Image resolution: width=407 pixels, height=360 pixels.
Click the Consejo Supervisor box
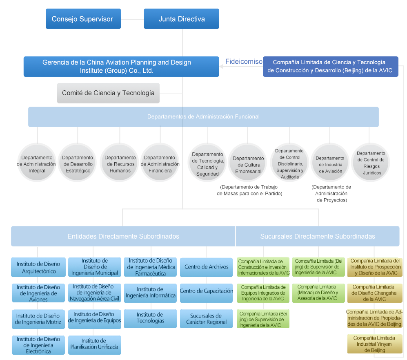[x=83, y=19]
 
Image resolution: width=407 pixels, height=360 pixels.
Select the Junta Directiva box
[x=181, y=19]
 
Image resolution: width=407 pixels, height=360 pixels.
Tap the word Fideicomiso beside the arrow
[x=244, y=62]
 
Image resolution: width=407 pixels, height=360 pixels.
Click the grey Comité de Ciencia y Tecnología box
[x=108, y=93]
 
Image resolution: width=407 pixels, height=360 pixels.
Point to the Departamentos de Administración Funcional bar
[x=203, y=117]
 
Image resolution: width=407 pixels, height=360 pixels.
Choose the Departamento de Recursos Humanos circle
[x=120, y=164]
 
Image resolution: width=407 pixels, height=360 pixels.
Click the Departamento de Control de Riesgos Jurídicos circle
[x=371, y=163]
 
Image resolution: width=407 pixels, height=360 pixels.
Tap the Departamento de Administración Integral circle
[x=37, y=164]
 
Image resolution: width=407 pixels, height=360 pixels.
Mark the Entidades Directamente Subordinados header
[x=123, y=237]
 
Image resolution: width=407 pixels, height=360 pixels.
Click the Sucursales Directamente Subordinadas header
[x=317, y=237]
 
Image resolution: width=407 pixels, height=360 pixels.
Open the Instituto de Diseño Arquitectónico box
[x=38, y=267]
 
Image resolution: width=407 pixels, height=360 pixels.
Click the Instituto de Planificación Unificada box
[x=94, y=344]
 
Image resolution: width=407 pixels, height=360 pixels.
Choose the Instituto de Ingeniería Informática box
[x=150, y=293]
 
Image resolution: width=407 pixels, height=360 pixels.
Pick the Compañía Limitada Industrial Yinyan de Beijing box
[x=374, y=344]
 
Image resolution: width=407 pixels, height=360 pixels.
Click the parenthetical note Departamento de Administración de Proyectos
[x=331, y=194]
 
